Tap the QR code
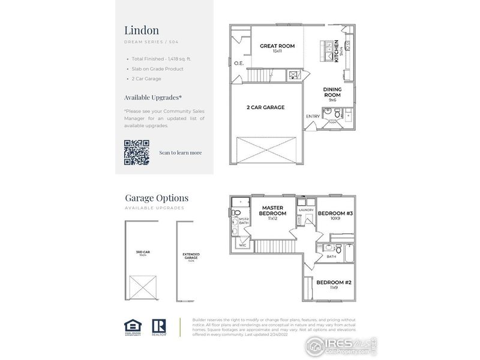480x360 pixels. [x=136, y=152]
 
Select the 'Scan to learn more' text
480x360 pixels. [x=180, y=152]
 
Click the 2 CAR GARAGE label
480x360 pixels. [x=265, y=107]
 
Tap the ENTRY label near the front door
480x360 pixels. [x=313, y=116]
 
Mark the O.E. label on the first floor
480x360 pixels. [x=238, y=63]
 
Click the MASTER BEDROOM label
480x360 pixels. [x=272, y=211]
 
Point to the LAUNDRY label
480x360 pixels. [x=306, y=209]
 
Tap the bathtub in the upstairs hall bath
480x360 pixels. [x=350, y=254]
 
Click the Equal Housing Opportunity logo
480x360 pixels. [x=133, y=326]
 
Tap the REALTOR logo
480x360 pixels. [x=159, y=326]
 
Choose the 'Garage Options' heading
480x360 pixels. [x=156, y=197]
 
